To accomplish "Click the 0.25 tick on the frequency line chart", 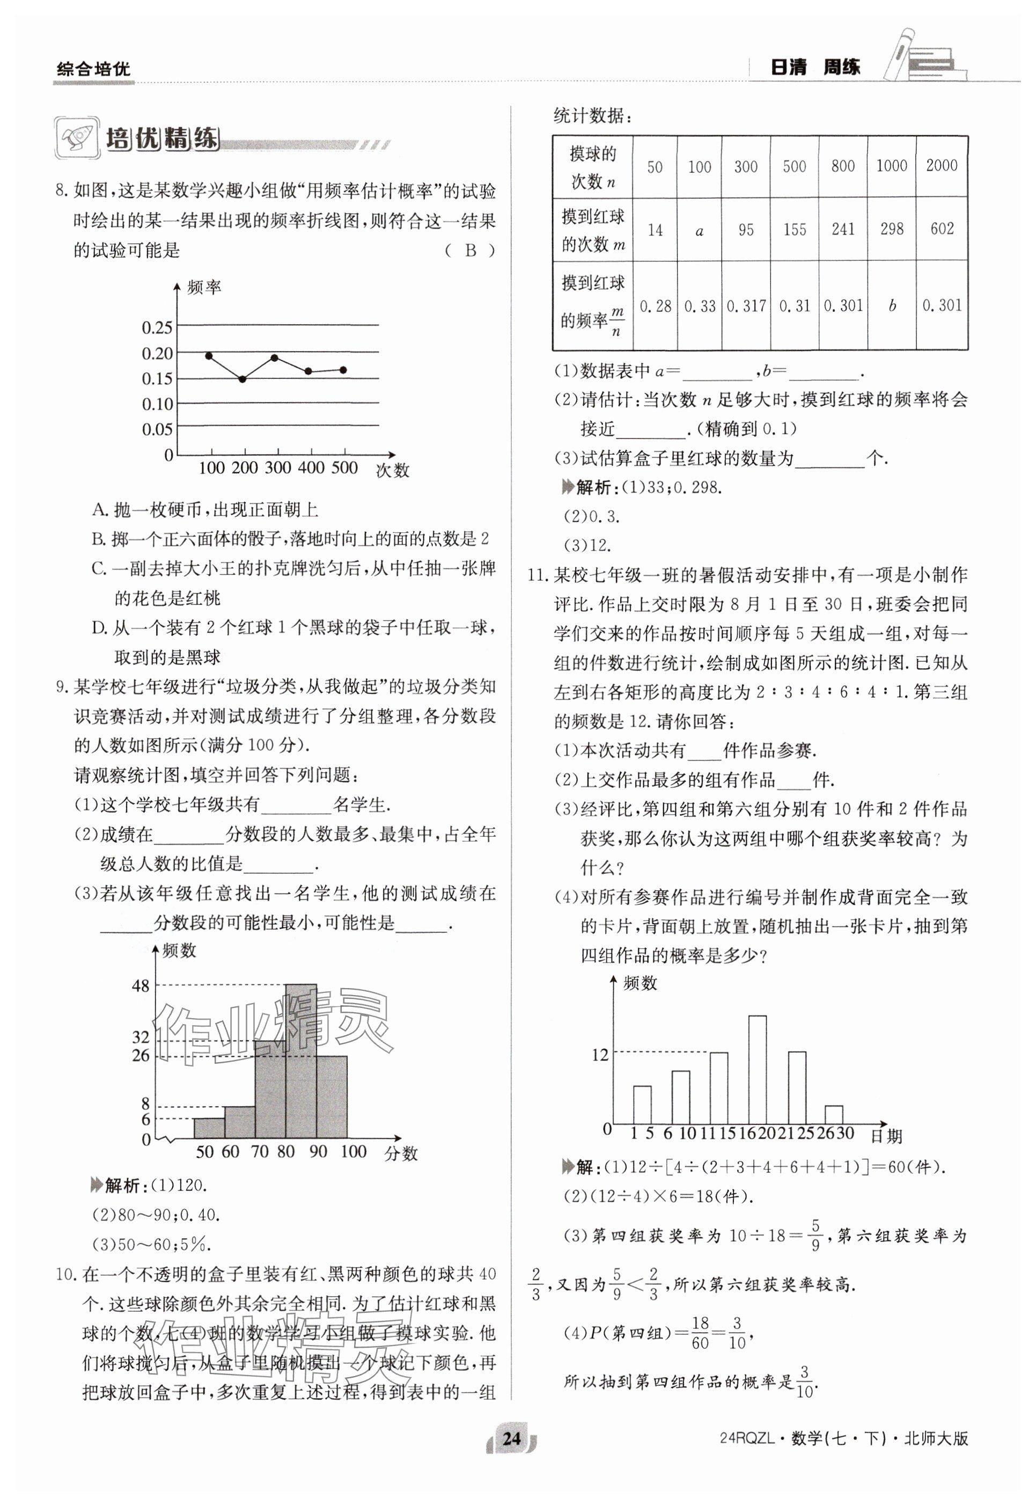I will pyautogui.click(x=157, y=327).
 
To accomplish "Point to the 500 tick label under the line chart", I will pyautogui.click(x=344, y=467).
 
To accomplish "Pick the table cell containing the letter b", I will pyautogui.click(x=892, y=305).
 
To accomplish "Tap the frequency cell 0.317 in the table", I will pyautogui.click(x=746, y=305).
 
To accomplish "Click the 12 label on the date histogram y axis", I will pyautogui.click(x=600, y=1055).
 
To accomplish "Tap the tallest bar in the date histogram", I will pyautogui.click(x=758, y=1070).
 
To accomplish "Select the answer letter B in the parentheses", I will pyautogui.click(x=471, y=251).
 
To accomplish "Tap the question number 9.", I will pyautogui.click(x=62, y=687).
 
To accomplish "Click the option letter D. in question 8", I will pyautogui.click(x=99, y=628).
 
